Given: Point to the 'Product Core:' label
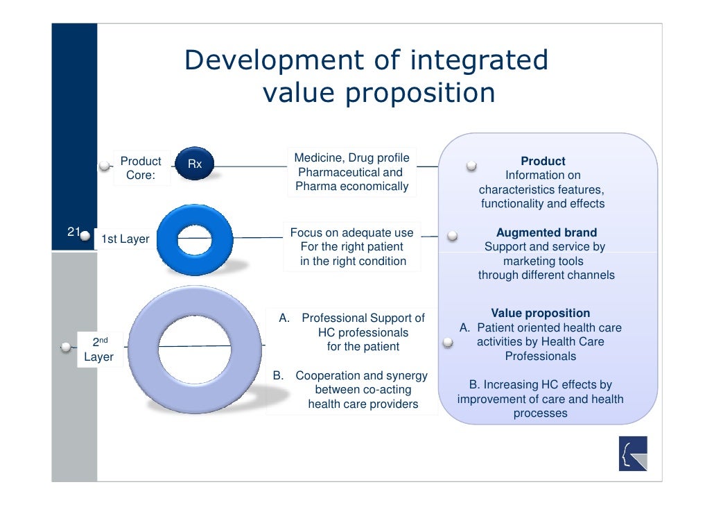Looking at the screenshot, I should pyautogui.click(x=141, y=169).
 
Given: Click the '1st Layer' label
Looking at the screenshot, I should pyautogui.click(x=125, y=240).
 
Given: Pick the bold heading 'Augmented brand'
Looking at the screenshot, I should pyautogui.click(x=546, y=233).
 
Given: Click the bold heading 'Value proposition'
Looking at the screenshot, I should pyautogui.click(x=541, y=314).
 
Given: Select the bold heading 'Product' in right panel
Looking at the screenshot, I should pyautogui.click(x=543, y=162).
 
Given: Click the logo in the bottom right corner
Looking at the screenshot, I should pyautogui.click(x=632, y=454).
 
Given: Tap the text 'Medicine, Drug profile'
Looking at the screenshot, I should pyautogui.click(x=351, y=158).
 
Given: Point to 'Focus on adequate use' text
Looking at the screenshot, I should pyautogui.click(x=351, y=233).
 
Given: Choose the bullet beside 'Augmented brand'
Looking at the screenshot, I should pyautogui.click(x=452, y=236).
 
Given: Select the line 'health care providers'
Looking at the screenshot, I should pyautogui.click(x=363, y=404).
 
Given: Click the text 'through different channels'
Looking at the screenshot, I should pyautogui.click(x=546, y=275).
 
